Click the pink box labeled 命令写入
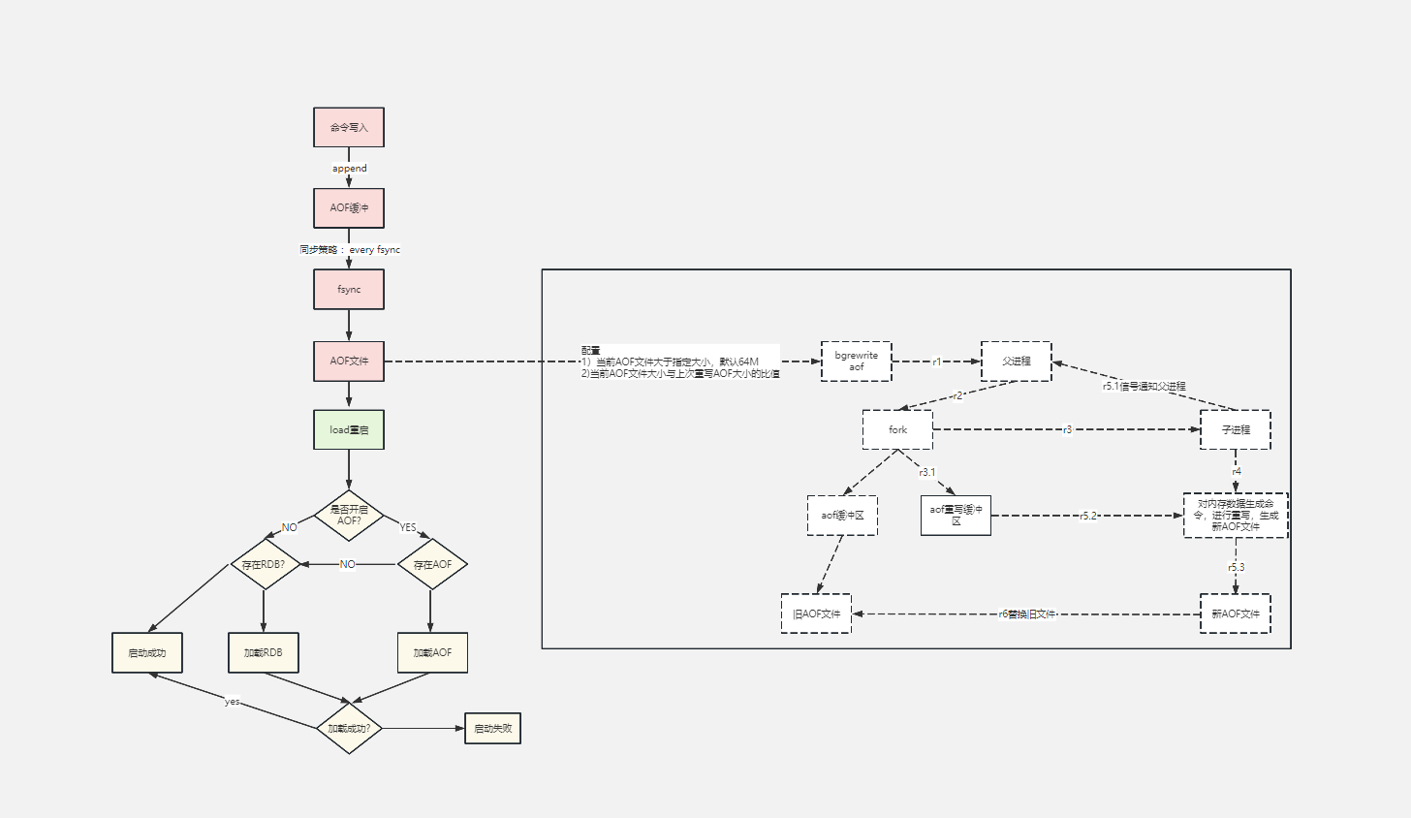point(349,127)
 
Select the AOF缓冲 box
point(349,208)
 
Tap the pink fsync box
point(349,290)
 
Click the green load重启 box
point(349,429)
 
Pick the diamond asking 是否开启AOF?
point(349,515)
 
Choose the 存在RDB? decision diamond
point(264,564)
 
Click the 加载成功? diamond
point(350,728)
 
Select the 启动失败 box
point(492,728)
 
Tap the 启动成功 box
point(147,652)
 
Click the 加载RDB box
point(264,652)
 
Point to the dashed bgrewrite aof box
point(856,362)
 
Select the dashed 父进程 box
point(1016,361)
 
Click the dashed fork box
point(897,429)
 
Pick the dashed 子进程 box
point(1235,429)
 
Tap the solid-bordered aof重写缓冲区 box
point(956,515)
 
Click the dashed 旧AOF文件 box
point(816,613)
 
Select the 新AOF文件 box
point(1235,613)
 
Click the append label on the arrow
point(350,169)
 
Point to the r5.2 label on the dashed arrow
point(1087,516)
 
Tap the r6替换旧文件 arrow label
point(1026,613)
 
